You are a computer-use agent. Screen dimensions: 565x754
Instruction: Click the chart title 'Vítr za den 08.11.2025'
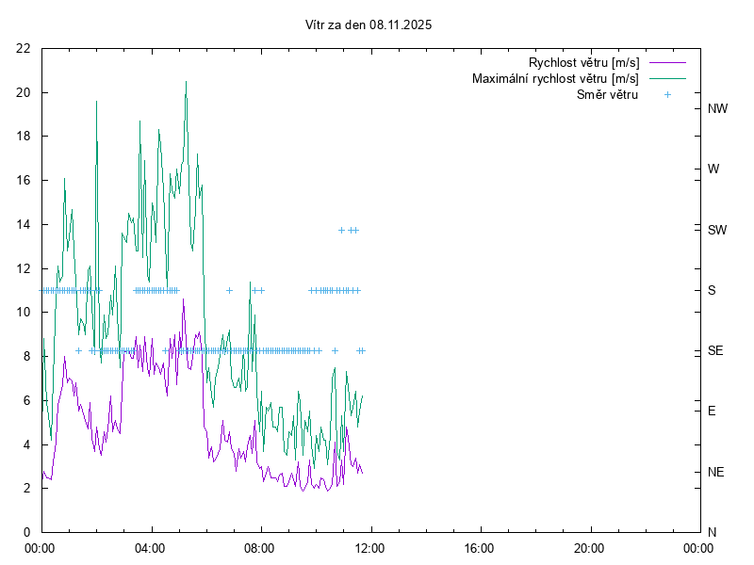tap(369, 25)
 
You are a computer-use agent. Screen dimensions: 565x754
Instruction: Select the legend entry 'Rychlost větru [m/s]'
tap(584, 63)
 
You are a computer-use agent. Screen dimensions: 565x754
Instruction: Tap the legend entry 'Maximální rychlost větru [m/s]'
tap(555, 79)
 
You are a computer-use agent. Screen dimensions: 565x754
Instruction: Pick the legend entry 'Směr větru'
tap(607, 95)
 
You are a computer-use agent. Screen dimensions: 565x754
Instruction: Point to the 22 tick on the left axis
tap(24, 48)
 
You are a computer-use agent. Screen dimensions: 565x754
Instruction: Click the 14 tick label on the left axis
tap(24, 224)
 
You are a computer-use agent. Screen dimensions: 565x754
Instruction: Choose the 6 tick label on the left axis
tap(27, 400)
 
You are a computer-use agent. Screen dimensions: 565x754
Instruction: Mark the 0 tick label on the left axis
tap(27, 532)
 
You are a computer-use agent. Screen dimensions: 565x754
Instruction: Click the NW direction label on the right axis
tap(717, 108)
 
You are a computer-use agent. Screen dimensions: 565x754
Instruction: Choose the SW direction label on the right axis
tap(717, 230)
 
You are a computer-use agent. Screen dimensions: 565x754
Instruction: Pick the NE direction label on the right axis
tap(716, 472)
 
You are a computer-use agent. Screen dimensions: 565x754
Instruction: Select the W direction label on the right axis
tap(713, 169)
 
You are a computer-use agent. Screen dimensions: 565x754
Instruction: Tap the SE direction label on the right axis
tap(715, 350)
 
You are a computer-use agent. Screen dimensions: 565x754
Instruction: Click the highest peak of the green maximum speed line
tap(186, 82)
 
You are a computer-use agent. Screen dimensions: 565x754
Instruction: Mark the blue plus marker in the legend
tap(667, 95)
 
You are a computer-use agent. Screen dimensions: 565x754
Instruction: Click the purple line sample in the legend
tap(667, 63)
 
